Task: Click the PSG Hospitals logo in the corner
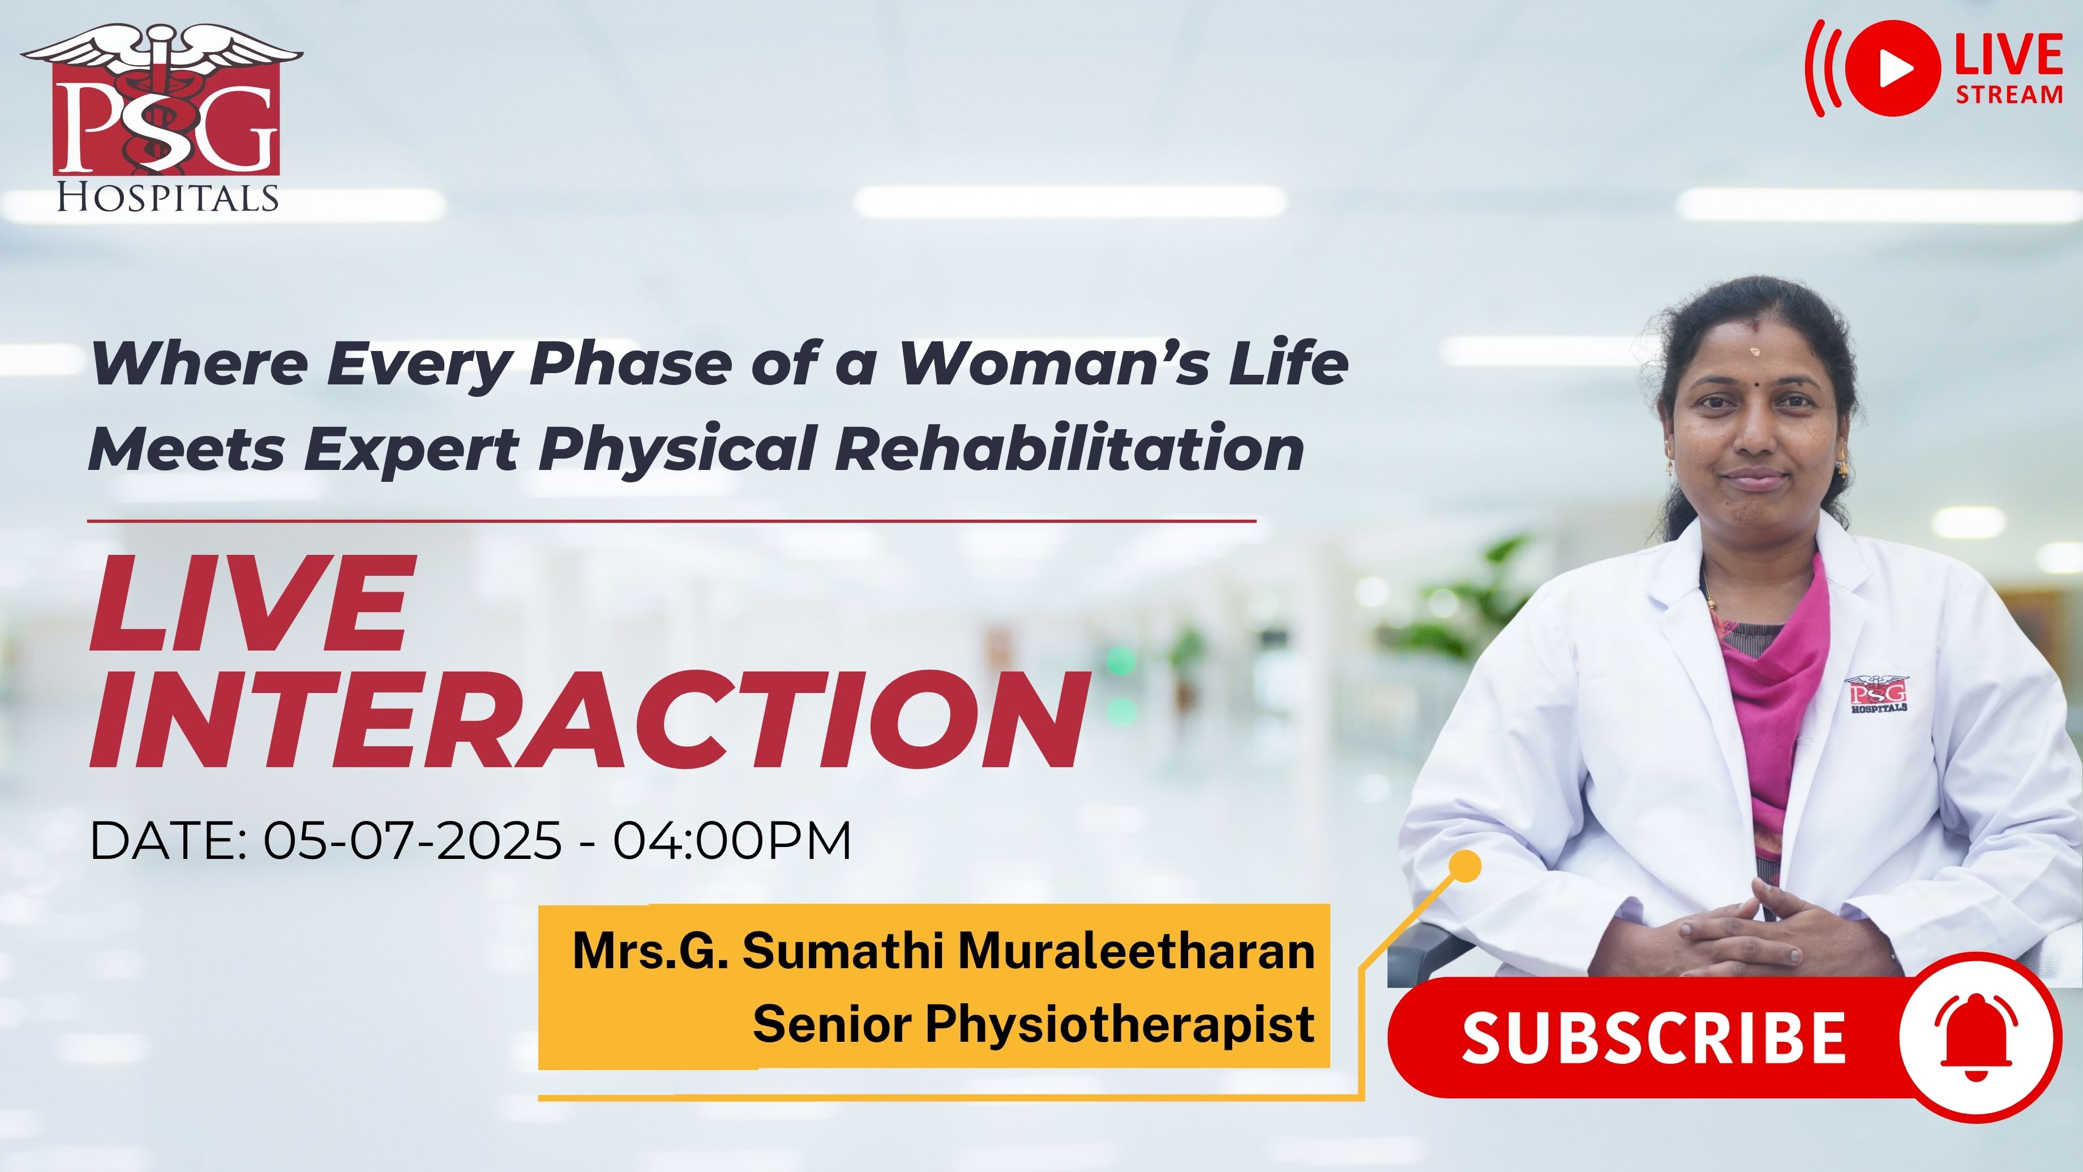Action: tap(162, 117)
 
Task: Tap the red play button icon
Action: tap(1893, 69)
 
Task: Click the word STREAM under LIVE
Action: tap(2009, 94)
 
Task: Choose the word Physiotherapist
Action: tap(1120, 1025)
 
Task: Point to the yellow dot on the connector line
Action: tap(1464, 866)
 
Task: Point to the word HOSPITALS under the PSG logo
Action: tap(168, 198)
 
